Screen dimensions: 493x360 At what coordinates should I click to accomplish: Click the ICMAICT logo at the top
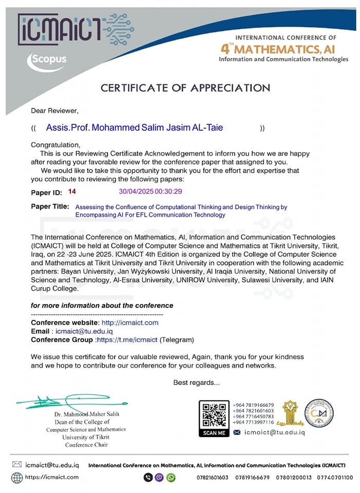pyautogui.click(x=74, y=29)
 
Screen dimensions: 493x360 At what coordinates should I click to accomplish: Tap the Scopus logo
pyautogui.click(x=47, y=60)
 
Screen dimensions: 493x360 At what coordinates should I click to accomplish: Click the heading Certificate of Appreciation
pyautogui.click(x=185, y=88)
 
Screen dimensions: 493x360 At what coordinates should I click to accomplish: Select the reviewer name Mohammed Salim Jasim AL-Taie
pyautogui.click(x=135, y=127)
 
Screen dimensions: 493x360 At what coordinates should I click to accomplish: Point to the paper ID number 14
pyautogui.click(x=72, y=192)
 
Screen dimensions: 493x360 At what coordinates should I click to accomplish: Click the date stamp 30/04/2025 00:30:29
pyautogui.click(x=150, y=192)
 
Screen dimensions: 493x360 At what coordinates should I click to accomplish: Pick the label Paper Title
pyautogui.click(x=50, y=206)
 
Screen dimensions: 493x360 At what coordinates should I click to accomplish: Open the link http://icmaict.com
pyautogui.click(x=130, y=323)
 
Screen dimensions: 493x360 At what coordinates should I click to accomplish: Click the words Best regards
pyautogui.click(x=196, y=382)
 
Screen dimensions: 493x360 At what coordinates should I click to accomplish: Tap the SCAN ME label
pyautogui.click(x=214, y=433)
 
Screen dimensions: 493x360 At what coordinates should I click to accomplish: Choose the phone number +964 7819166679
pyautogui.click(x=253, y=405)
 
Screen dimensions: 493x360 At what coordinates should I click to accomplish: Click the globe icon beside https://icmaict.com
pyautogui.click(x=17, y=477)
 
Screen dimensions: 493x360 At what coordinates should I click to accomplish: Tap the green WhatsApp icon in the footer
pyautogui.click(x=171, y=478)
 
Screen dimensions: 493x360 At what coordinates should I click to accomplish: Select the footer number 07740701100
pyautogui.click(x=336, y=478)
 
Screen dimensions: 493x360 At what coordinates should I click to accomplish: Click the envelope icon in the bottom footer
pyautogui.click(x=17, y=465)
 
